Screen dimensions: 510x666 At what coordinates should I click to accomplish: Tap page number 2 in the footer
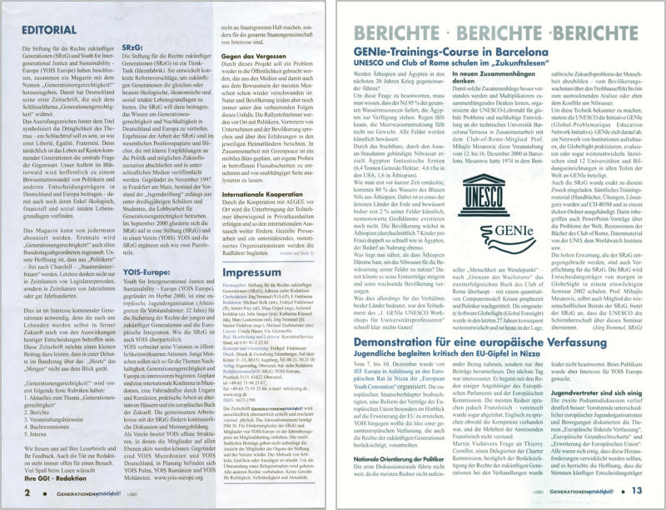(x=27, y=492)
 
